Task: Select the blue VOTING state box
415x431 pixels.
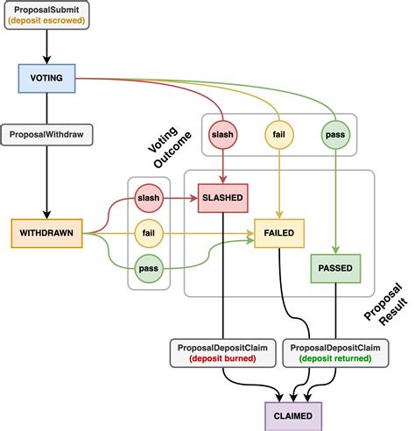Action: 46,78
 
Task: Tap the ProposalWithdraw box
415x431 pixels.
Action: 46,136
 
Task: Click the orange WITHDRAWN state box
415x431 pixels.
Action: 46,233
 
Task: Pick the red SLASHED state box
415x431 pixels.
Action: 225,197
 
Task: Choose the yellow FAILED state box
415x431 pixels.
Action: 278,233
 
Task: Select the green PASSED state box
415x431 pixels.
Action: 336,268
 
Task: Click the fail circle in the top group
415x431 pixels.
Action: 278,134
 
